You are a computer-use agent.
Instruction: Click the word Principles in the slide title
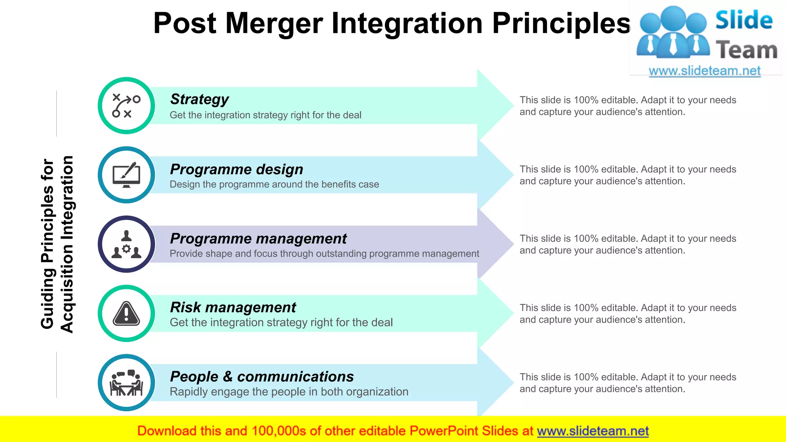(561, 24)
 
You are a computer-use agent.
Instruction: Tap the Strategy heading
(199, 99)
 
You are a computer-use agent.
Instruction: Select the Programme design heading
(236, 169)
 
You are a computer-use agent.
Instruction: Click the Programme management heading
(258, 239)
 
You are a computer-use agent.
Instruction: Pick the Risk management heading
(233, 307)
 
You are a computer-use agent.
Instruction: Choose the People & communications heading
(262, 376)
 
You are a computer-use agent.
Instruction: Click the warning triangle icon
(126, 313)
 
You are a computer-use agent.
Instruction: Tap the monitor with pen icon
(126, 175)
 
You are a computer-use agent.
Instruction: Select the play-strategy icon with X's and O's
(126, 106)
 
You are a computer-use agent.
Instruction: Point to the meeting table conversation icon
(126, 383)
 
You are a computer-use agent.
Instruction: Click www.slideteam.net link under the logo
(704, 71)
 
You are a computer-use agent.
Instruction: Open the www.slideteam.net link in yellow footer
(593, 431)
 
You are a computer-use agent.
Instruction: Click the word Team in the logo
(746, 50)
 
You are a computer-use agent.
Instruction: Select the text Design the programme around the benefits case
(274, 185)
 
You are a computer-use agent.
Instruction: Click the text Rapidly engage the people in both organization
(289, 392)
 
